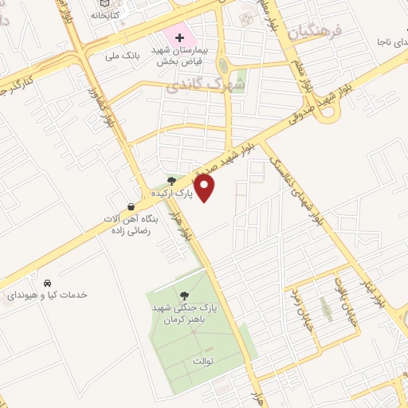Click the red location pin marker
click(206, 187)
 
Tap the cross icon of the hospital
click(180, 37)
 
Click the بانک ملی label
click(123, 56)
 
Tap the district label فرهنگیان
click(314, 32)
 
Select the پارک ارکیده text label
click(172, 194)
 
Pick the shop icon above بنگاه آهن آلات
click(131, 206)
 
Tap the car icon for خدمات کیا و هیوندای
click(48, 283)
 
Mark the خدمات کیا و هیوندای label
click(47, 295)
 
